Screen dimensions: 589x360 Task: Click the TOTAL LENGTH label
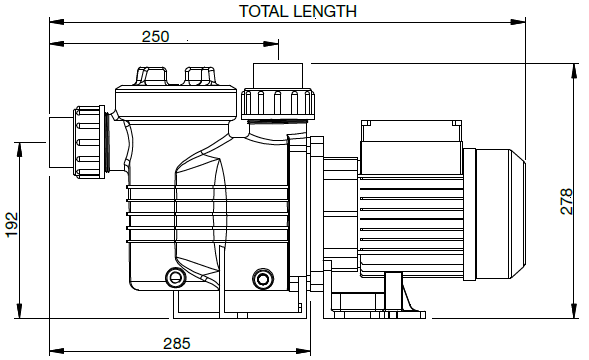(298, 11)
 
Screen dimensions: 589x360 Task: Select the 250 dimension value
(156, 36)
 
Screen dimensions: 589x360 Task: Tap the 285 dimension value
(177, 343)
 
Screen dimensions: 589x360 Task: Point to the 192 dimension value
(12, 225)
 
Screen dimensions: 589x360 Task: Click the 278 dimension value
(566, 201)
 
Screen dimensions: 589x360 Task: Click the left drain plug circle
(175, 278)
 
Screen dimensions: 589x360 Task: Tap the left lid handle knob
(152, 76)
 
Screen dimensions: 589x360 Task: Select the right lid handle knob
(200, 76)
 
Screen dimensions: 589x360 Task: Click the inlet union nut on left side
(89, 142)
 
